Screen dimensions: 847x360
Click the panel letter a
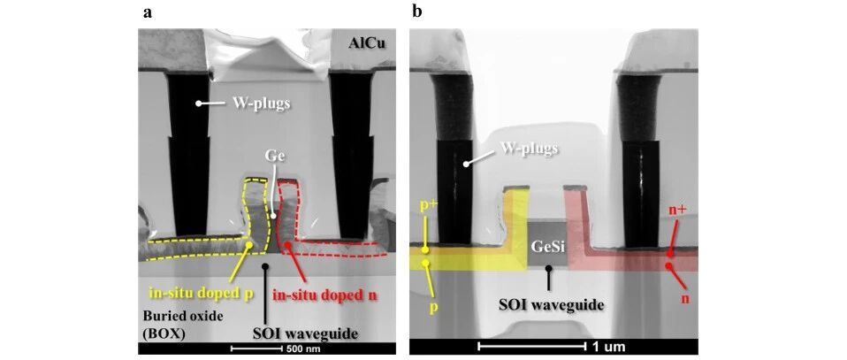(x=147, y=12)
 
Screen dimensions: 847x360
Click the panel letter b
(x=417, y=11)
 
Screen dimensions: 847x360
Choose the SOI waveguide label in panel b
(x=549, y=303)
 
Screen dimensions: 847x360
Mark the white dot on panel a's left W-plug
(x=199, y=103)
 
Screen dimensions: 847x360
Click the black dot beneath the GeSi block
(x=549, y=268)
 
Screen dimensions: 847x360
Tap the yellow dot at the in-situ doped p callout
(x=249, y=245)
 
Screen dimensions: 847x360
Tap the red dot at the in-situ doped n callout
(x=288, y=245)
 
